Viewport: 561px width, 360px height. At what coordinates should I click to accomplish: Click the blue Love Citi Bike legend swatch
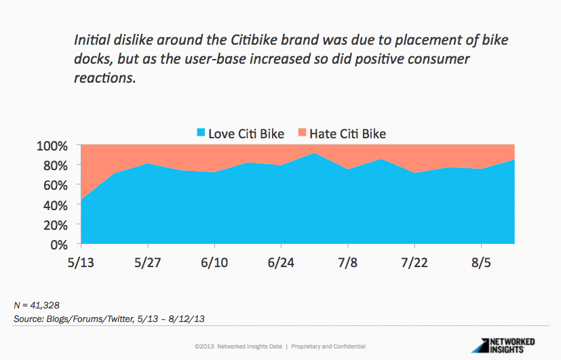tap(200, 133)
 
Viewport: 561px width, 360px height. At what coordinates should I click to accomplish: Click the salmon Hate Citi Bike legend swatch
tap(302, 133)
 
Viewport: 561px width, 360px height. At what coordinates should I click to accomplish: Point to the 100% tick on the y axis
tap(52, 146)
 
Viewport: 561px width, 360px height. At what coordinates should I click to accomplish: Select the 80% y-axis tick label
tap(55, 165)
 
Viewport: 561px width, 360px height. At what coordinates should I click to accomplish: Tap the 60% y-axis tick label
tap(55, 185)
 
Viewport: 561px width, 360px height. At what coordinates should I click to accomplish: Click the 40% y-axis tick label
tap(55, 205)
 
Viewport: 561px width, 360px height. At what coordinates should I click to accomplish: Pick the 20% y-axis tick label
tap(55, 224)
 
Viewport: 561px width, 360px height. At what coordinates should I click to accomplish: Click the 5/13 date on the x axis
tap(81, 261)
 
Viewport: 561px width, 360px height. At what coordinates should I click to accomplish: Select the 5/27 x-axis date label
tap(147, 261)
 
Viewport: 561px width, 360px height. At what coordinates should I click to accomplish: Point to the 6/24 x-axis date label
tap(280, 261)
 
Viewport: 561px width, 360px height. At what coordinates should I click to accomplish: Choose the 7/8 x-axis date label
tap(347, 261)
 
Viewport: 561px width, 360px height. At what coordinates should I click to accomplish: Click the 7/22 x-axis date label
tap(414, 261)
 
